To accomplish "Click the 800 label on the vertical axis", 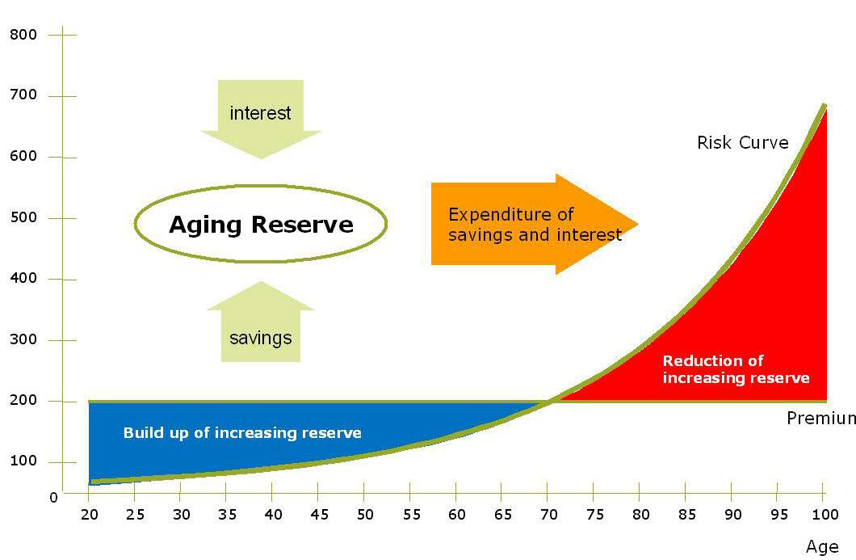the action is pos(23,35).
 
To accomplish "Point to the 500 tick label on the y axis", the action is pos(23,217).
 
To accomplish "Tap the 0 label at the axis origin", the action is pos(53,498).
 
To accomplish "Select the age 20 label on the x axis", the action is pos(90,515).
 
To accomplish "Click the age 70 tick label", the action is pos(549,515).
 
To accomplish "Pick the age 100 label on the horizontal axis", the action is pos(825,515).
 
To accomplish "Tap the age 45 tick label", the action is pos(319,515).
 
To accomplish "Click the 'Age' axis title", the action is pos(822,547).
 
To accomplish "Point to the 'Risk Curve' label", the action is pos(742,143).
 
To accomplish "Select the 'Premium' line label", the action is pos(821,419).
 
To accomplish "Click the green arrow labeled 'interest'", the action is pos(261,119).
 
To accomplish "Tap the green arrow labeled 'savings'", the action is pos(261,322).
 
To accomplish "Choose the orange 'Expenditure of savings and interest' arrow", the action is pos(534,224).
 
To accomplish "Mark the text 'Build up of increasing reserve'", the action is pos(242,433).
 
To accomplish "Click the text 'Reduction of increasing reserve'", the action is pos(736,369).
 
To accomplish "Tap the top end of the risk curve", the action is pos(825,105).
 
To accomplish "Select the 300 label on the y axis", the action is pos(23,339).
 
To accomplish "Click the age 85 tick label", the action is pos(687,515).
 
